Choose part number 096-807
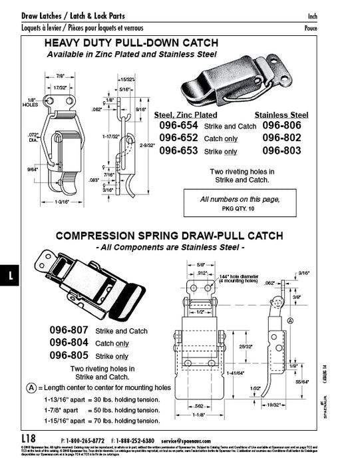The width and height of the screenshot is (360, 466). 70,330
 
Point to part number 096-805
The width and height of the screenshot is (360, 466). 70,355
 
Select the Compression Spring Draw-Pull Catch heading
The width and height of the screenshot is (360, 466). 169,236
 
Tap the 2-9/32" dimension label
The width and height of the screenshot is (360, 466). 148,144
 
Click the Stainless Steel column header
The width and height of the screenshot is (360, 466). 281,115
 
